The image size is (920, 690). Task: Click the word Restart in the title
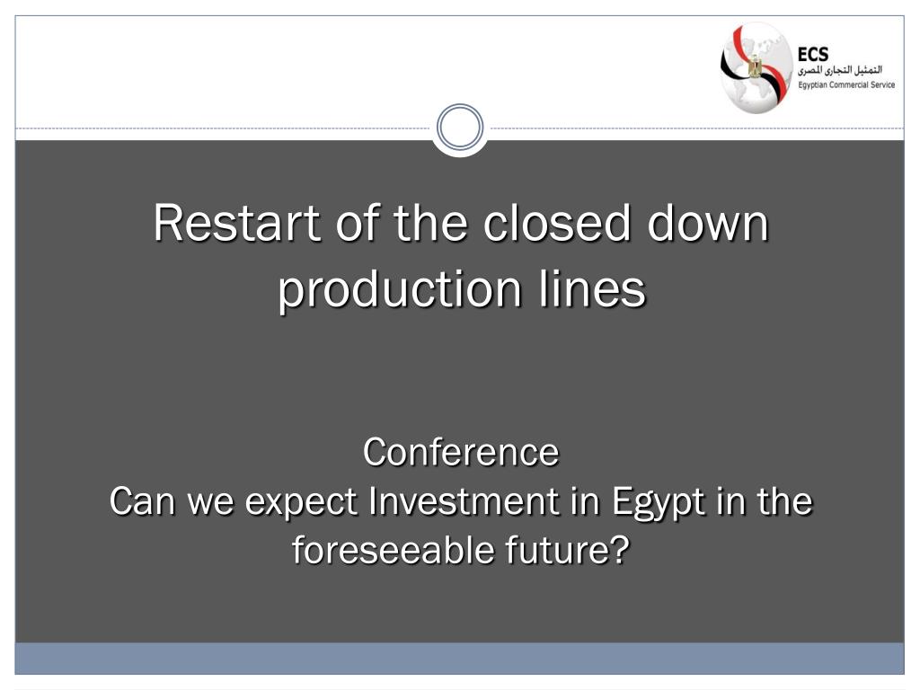coord(237,223)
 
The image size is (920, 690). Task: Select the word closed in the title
coord(557,223)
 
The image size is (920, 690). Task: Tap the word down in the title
coord(708,223)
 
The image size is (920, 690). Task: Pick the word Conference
coord(461,453)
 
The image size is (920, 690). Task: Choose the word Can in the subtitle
coord(143,501)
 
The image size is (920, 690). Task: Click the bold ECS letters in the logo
coord(812,55)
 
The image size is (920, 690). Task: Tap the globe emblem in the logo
coord(756,67)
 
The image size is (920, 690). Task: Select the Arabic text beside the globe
coord(840,70)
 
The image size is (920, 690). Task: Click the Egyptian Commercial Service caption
coord(846,85)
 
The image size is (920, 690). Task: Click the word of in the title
coord(358,223)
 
